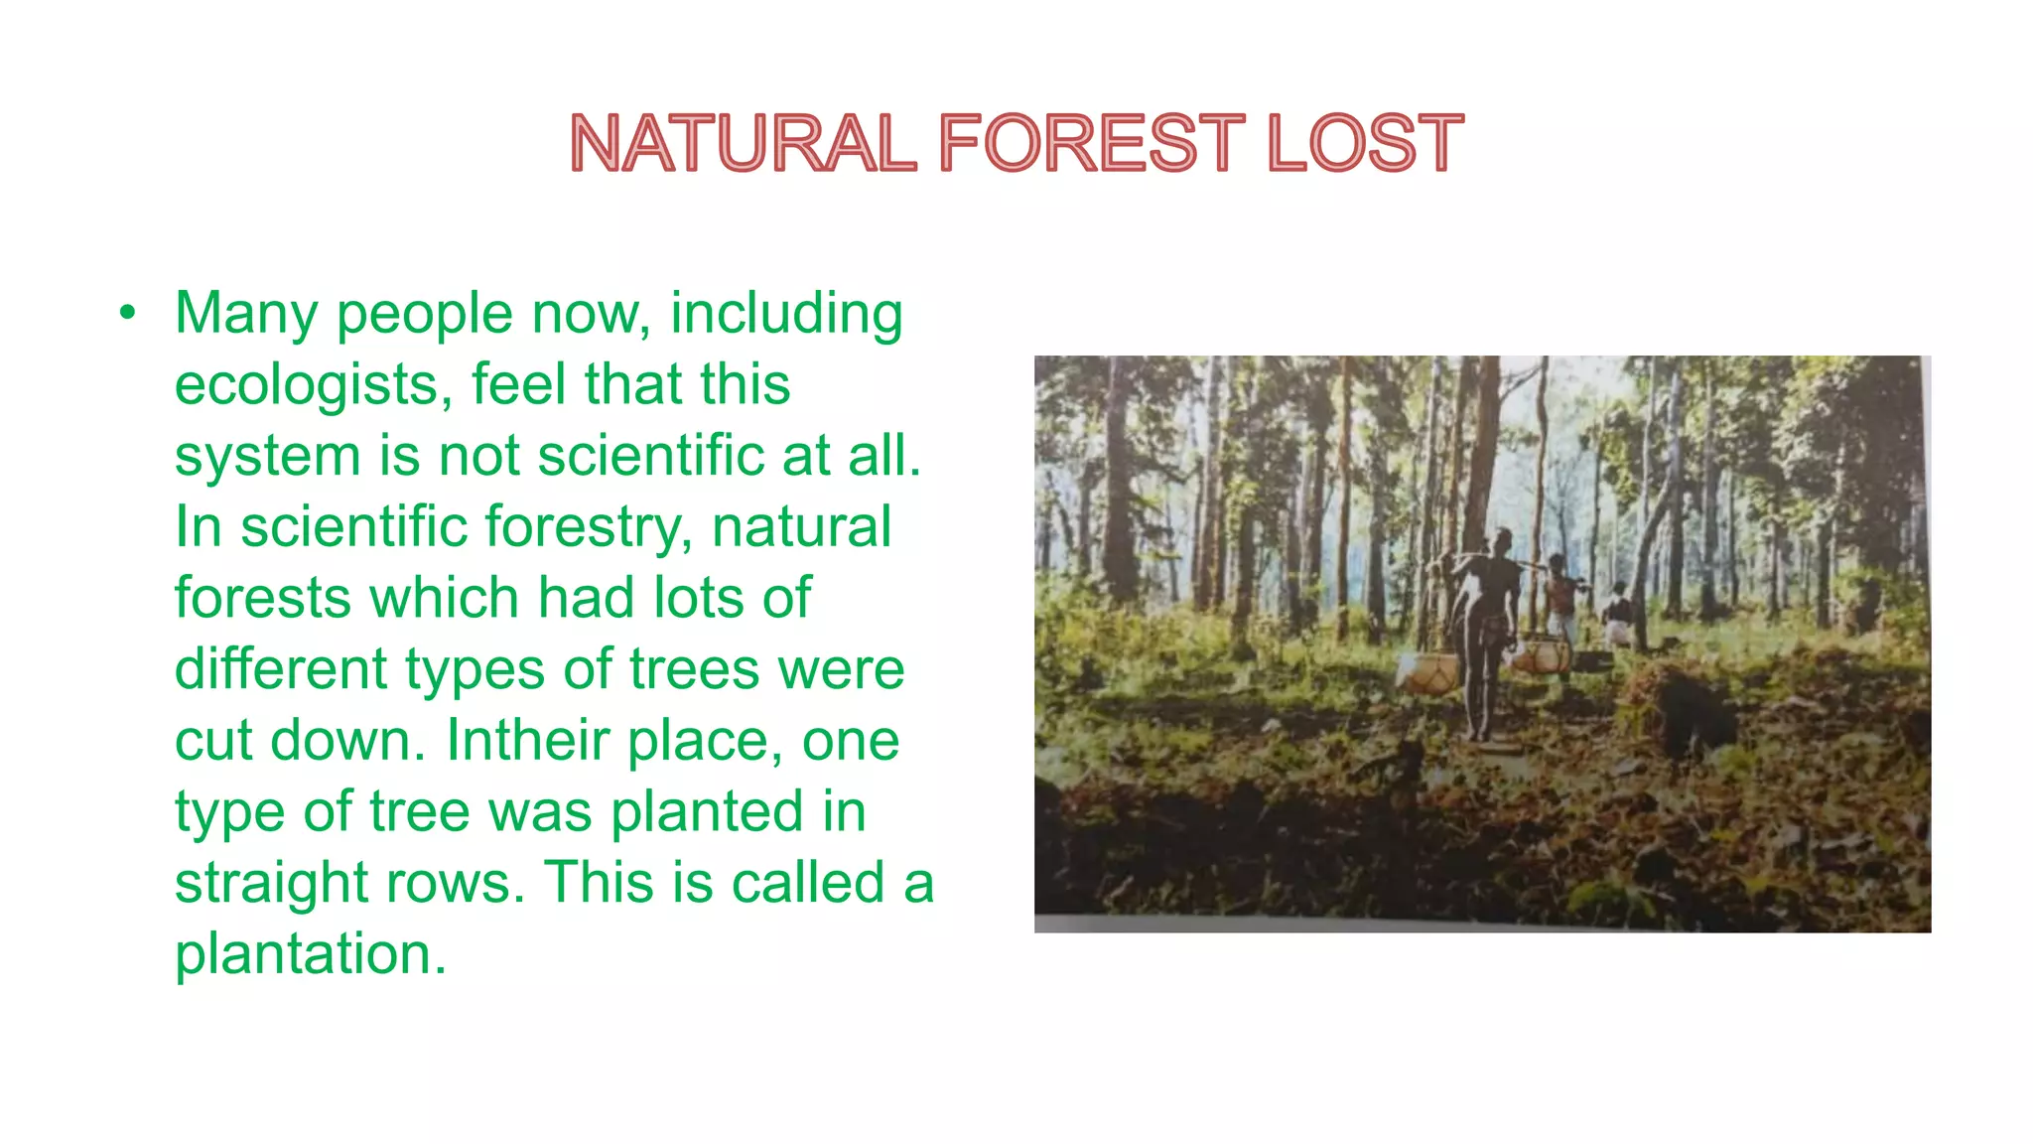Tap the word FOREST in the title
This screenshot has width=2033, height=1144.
[x=1090, y=143]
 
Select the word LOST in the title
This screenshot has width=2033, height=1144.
[x=1364, y=143]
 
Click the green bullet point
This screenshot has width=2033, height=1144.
[x=126, y=314]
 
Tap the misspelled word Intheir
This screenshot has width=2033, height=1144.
[x=526, y=741]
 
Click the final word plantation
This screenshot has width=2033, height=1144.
[x=310, y=954]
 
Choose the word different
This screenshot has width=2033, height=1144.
[x=281, y=669]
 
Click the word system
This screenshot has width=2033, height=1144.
[x=266, y=457]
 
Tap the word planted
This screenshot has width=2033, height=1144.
[x=706, y=811]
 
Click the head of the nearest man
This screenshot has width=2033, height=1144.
[x=1502, y=541]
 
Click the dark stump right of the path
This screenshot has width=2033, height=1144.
[x=1693, y=710]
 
